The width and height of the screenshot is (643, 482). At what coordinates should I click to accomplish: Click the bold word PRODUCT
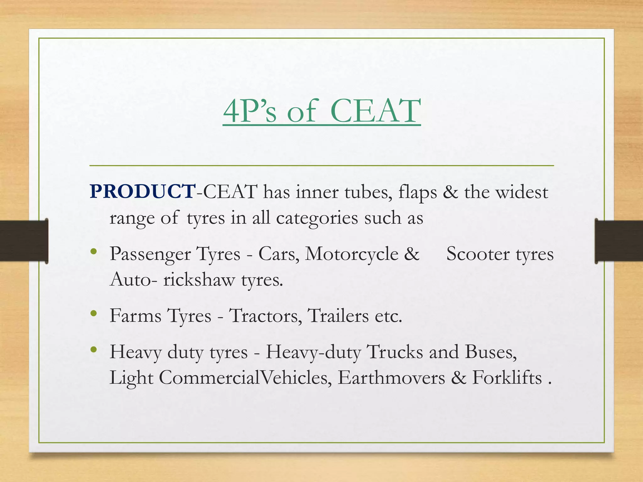142,191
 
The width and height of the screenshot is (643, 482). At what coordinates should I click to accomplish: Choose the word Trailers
338,315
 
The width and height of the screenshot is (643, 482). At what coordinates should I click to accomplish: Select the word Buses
491,352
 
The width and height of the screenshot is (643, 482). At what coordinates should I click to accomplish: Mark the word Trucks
395,352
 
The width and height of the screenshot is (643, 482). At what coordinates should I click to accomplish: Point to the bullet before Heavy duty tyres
93,350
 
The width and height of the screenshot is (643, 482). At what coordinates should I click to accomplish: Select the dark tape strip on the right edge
619,241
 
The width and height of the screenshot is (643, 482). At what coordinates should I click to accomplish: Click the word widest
521,192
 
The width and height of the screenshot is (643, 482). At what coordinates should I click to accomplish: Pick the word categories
317,218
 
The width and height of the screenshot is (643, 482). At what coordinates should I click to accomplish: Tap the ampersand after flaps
450,192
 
